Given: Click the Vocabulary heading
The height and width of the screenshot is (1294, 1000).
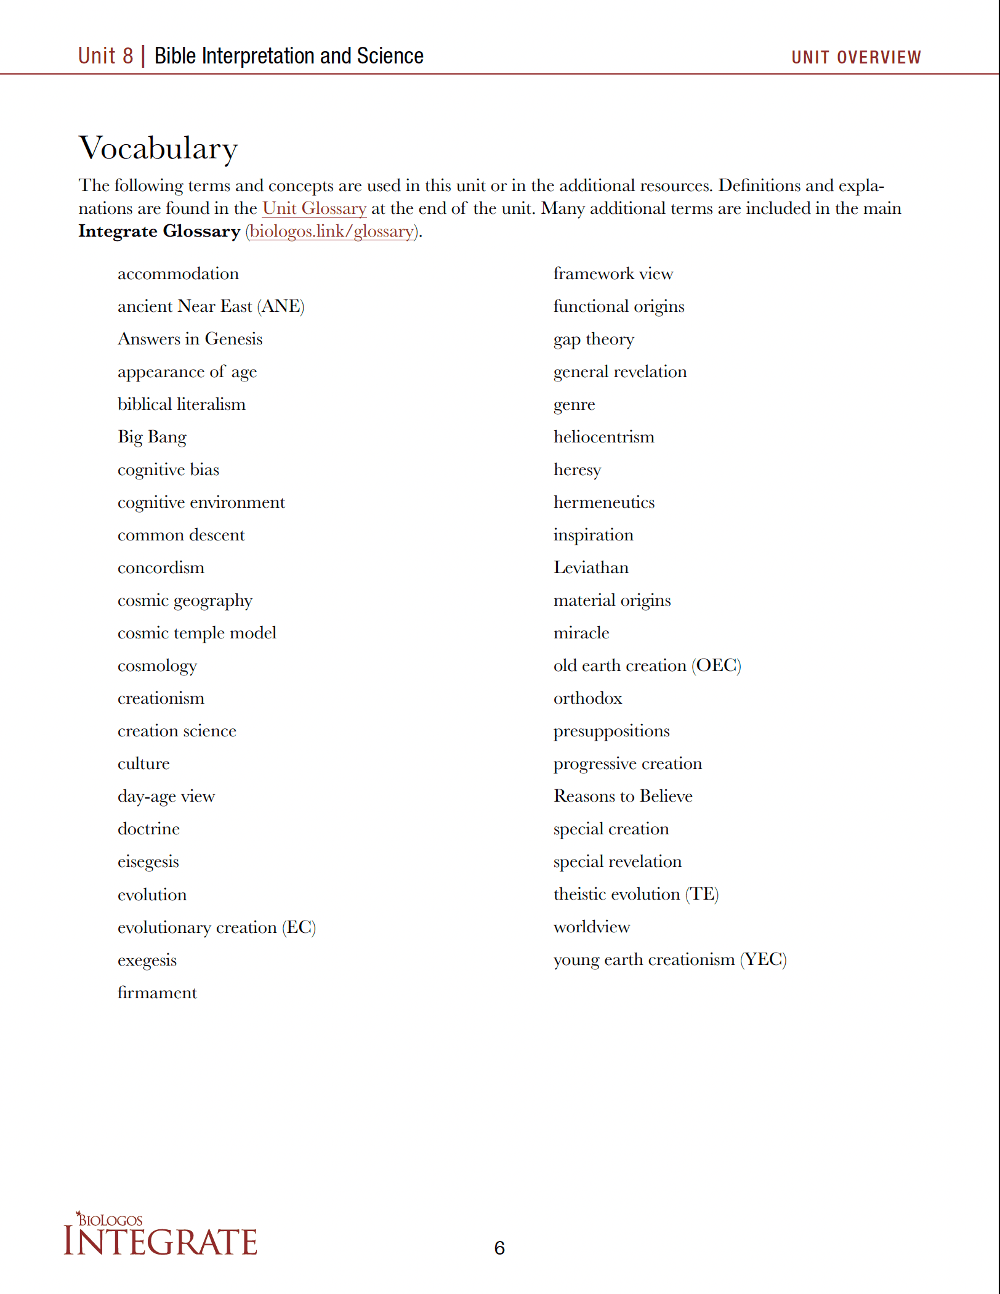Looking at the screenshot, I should pyautogui.click(x=158, y=149).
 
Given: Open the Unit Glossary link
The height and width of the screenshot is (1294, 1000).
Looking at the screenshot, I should pyautogui.click(x=314, y=208).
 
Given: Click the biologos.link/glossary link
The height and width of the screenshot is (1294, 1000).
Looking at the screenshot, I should pyautogui.click(x=332, y=231).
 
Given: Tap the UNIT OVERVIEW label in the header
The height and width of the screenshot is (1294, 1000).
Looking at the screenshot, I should pyautogui.click(x=856, y=57).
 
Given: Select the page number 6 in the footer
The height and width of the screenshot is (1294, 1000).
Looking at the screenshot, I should pyautogui.click(x=499, y=1248).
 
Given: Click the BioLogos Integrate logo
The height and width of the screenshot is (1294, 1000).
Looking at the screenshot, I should pyautogui.click(x=160, y=1234).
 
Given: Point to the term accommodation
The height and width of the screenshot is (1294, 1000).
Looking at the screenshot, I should pyautogui.click(x=178, y=274).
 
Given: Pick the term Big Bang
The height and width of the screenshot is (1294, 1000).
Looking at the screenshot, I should pyautogui.click(x=152, y=437).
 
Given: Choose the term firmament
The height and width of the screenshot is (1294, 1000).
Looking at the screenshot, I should pyautogui.click(x=157, y=993).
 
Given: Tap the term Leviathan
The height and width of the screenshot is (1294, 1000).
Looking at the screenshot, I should pyautogui.click(x=591, y=568).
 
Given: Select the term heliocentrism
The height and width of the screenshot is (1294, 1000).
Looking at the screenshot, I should pyautogui.click(x=603, y=437).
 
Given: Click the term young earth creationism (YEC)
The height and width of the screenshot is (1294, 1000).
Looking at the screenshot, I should pyautogui.click(x=669, y=959).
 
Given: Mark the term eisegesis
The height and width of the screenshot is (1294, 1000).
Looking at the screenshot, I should pyautogui.click(x=148, y=861).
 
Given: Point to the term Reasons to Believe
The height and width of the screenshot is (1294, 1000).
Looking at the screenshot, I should pyautogui.click(x=623, y=796).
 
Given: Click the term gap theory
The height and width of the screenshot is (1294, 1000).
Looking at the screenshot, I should pyautogui.click(x=593, y=339).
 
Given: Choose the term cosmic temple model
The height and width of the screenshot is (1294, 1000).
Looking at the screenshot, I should pyautogui.click(x=197, y=633).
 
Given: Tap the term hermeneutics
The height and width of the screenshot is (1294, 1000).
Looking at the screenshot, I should pyautogui.click(x=603, y=502).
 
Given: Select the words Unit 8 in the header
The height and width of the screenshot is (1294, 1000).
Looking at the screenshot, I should pyautogui.click(x=105, y=56).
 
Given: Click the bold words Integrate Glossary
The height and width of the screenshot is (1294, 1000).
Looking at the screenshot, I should pyautogui.click(x=159, y=231).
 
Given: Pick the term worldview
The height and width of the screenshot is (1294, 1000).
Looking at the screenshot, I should pyautogui.click(x=591, y=927).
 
